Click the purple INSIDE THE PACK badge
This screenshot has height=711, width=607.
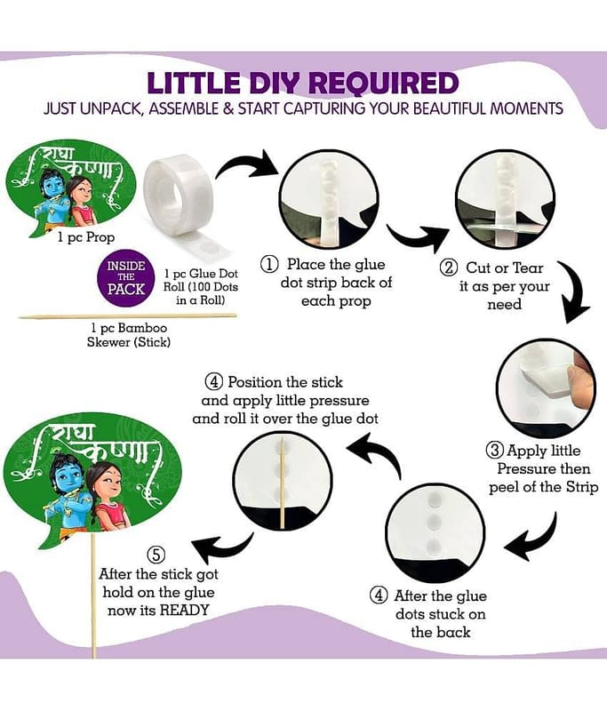coord(126,277)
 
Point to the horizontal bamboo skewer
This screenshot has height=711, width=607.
coord(127,316)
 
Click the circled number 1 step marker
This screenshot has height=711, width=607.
coord(269,264)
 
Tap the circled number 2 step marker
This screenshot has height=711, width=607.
coord(449,268)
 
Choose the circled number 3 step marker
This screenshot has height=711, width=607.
coord(496,451)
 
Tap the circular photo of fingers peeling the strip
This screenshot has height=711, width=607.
coord(547,389)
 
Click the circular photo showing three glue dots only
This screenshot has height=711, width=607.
coord(435,531)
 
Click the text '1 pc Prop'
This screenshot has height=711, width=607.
coord(85,237)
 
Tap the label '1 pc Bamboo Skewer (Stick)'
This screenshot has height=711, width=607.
coord(129,335)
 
